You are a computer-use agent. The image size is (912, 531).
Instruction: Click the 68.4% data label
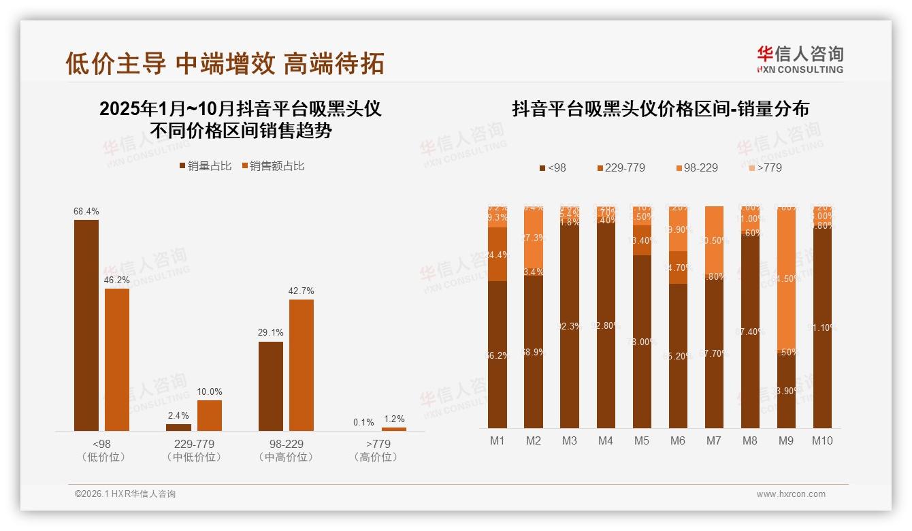(x=86, y=212)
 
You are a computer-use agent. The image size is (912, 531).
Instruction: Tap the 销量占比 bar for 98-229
(x=271, y=386)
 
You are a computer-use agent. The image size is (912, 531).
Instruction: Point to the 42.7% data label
(x=302, y=291)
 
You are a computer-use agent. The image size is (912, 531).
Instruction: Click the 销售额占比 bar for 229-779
(x=210, y=415)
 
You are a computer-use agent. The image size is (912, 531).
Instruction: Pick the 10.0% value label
(x=210, y=392)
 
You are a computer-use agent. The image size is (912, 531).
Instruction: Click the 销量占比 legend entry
(x=206, y=165)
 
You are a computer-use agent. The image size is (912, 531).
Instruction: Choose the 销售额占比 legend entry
(x=273, y=165)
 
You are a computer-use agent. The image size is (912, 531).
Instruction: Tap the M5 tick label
(x=641, y=440)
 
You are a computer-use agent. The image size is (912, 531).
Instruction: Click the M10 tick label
(x=822, y=440)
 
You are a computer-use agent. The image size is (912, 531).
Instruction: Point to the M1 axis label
(x=498, y=440)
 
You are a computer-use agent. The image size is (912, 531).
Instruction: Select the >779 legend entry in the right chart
(x=765, y=167)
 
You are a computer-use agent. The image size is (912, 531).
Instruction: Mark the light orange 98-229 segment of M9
(x=786, y=279)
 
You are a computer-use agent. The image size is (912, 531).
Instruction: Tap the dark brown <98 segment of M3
(x=570, y=327)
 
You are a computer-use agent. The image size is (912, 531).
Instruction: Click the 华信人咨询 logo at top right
(x=800, y=59)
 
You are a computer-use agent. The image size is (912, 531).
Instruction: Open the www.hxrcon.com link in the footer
(x=791, y=494)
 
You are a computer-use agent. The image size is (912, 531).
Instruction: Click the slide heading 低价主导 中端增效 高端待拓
(x=225, y=63)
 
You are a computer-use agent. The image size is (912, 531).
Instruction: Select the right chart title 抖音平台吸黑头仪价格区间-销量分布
(x=660, y=109)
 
